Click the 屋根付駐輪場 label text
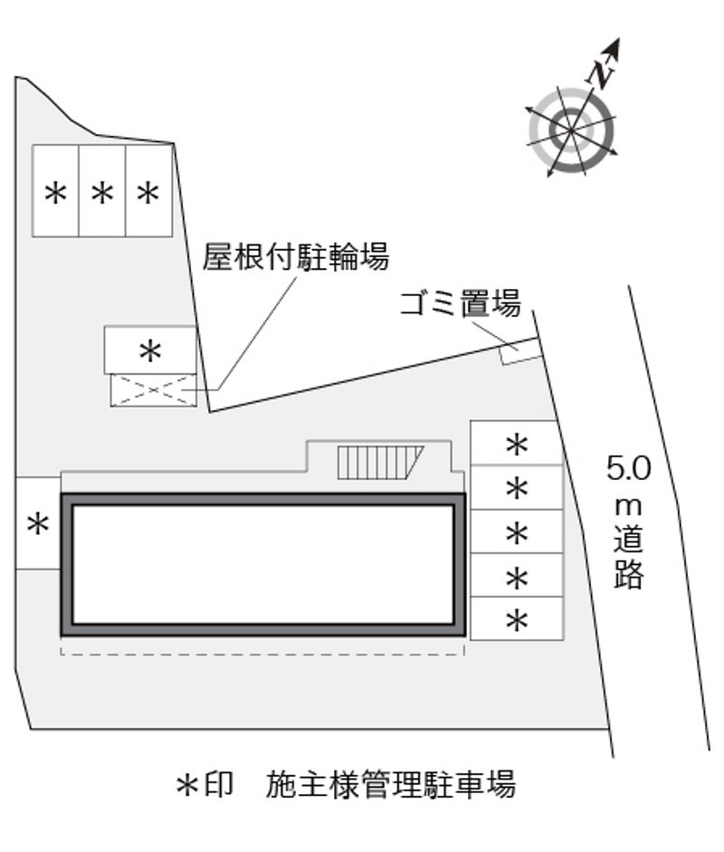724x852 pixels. [296, 256]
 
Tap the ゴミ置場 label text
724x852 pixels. [461, 302]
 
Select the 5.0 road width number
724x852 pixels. [628, 468]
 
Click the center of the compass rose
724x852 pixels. [571, 131]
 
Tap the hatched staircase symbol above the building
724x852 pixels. [380, 462]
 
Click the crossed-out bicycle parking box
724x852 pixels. [153, 390]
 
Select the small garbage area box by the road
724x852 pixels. [520, 351]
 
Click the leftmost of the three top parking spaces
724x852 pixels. [55, 191]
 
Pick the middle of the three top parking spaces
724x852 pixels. [102, 191]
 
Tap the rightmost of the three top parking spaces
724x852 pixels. [149, 191]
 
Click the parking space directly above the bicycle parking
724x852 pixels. [150, 349]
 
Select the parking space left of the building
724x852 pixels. [38, 523]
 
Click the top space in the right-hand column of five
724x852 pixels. [516, 443]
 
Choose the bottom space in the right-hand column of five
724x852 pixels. [517, 618]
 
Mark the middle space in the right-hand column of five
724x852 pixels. [517, 531]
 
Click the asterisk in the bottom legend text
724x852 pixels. [186, 785]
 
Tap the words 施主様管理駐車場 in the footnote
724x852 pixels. [390, 784]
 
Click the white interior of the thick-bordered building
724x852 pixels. [263, 565]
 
